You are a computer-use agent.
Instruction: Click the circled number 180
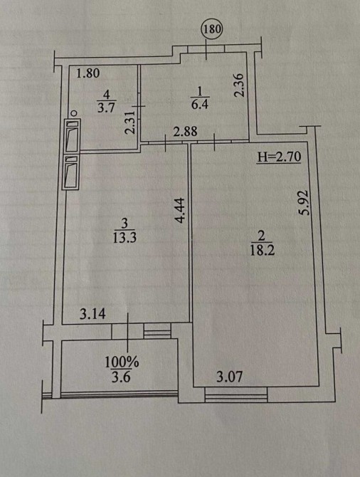pos(212,29)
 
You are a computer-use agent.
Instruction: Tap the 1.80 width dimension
pos(88,73)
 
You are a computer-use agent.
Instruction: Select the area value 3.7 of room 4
pos(106,108)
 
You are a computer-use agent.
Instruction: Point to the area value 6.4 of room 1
pos(200,105)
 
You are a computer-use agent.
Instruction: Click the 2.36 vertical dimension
pos(240,85)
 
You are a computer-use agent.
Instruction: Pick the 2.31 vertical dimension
pos(129,123)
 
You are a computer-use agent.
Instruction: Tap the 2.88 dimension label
pos(185,132)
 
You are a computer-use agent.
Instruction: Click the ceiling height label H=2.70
pos(279,157)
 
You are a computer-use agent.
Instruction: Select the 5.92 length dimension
pos(304,203)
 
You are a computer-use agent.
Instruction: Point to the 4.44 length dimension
pos(180,211)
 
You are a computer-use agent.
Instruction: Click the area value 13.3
pos(125,237)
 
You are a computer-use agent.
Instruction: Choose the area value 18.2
pos(262,250)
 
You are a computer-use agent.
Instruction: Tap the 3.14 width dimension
pos(92,314)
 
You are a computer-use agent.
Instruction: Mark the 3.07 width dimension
pos(230,377)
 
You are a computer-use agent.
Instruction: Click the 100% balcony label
pos(122,362)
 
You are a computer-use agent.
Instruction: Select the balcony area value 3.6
pos(122,377)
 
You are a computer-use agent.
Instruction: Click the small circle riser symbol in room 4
pos(73,113)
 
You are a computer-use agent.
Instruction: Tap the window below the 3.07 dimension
pos(236,394)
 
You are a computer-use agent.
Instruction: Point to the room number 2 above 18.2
pos(262,236)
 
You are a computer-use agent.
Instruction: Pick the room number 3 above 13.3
pos(125,224)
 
